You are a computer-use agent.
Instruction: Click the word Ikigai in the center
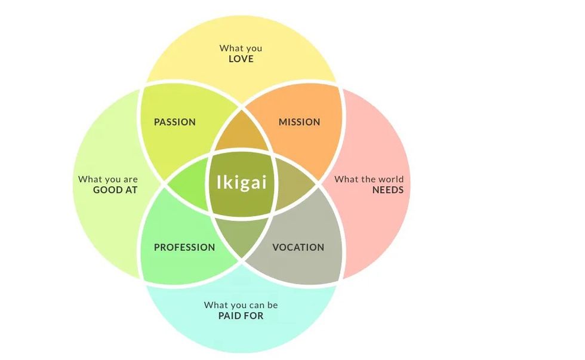pos(241,182)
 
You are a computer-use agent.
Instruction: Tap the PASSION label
pos(175,122)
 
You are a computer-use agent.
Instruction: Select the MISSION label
pos(300,122)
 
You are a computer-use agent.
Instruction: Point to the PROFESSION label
pos(184,248)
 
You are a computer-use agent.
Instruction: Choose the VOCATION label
pos(298,248)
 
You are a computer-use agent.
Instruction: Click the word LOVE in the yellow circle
pos(241,59)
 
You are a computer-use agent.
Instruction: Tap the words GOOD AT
pos(115,190)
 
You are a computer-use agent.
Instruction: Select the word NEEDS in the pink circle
pos(388,190)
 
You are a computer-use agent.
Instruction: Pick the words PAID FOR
pos(241,316)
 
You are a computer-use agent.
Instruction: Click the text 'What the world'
pos(369,179)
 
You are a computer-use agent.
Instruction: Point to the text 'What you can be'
pos(241,305)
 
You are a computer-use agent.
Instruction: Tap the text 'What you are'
pos(108,179)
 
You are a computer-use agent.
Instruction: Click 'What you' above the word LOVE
pos(241,48)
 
